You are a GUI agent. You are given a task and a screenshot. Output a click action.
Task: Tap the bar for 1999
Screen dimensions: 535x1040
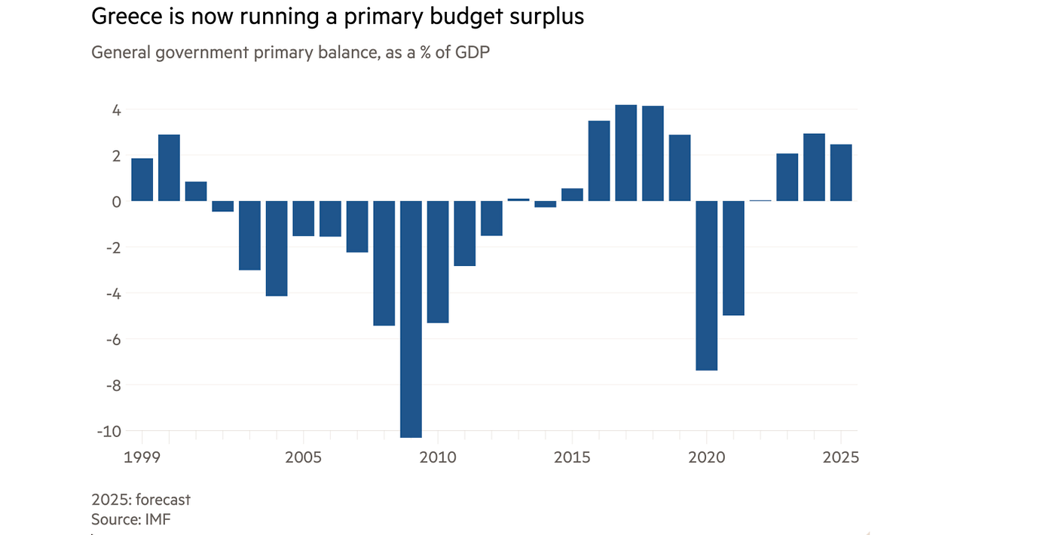pos(142,179)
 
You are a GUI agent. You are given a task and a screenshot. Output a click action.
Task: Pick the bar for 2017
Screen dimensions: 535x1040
pos(626,153)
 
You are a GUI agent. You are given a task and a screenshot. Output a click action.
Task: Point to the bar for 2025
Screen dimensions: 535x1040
pos(841,173)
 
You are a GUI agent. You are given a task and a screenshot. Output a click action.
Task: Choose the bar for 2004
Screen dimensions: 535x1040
pos(277,248)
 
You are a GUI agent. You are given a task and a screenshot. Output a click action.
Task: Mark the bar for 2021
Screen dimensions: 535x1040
pos(734,258)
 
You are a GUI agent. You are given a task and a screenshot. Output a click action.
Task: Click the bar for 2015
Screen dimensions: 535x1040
pos(573,194)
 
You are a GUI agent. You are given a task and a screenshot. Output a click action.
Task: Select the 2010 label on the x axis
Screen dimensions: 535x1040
pos(438,457)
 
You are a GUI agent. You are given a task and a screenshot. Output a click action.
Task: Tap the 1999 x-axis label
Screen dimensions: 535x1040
pos(142,457)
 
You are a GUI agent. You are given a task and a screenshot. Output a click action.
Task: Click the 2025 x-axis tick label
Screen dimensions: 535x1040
pos(841,457)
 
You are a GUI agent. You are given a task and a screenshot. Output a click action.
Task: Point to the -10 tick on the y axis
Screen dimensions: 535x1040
pos(109,431)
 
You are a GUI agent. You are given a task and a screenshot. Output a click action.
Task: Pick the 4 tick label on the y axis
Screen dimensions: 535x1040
pos(117,110)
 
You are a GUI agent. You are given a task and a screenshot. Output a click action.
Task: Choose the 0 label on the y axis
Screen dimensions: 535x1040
pos(117,201)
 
